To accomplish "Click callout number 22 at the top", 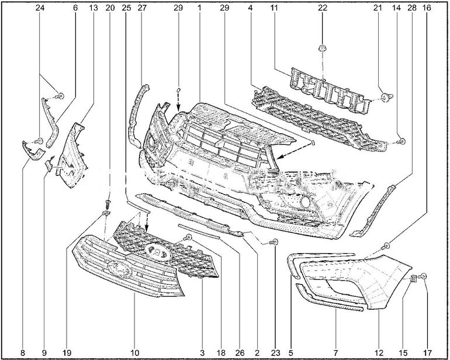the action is (x=323, y=8).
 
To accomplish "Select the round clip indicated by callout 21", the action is (x=386, y=98).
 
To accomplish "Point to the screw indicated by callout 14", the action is (x=402, y=141).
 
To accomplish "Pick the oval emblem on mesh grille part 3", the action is (x=157, y=251).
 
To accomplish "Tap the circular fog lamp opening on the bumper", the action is (x=305, y=202).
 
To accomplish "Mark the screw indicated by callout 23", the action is (x=274, y=242).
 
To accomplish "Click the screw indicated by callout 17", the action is (x=423, y=276).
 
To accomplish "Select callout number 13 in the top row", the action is (x=94, y=8).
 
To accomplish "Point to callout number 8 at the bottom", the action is (x=23, y=352).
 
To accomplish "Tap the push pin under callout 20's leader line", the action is (x=108, y=204).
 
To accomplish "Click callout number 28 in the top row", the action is (x=411, y=8).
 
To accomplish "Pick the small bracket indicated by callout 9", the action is (x=49, y=164).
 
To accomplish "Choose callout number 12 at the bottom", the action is (x=379, y=352).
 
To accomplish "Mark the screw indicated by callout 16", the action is (x=386, y=246).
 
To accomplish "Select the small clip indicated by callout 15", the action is (x=413, y=278).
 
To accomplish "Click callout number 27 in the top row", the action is (x=142, y=8).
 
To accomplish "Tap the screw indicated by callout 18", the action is (x=189, y=237).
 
